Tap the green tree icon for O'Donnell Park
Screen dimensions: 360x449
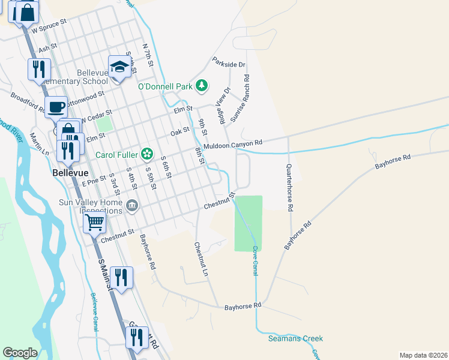click(x=202, y=86)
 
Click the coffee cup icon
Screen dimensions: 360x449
click(x=56, y=107)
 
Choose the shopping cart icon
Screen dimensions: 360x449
click(x=94, y=223)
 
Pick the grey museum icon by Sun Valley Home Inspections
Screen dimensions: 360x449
click(x=133, y=206)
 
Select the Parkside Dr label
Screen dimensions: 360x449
click(x=229, y=63)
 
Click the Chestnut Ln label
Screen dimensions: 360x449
click(x=200, y=260)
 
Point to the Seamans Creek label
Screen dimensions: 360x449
click(x=295, y=339)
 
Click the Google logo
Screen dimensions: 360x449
click(x=20, y=353)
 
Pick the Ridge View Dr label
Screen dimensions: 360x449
click(x=225, y=106)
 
